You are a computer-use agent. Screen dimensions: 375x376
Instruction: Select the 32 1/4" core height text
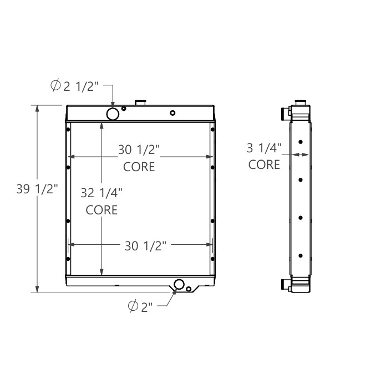[x=101, y=193]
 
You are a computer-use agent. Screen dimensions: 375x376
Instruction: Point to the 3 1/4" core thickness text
[x=264, y=147]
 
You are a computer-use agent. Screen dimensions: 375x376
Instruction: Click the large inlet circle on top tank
[x=113, y=114]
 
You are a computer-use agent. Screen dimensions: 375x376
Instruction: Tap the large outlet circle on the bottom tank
[x=179, y=285]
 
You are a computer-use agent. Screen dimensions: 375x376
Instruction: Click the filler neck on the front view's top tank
[x=141, y=102]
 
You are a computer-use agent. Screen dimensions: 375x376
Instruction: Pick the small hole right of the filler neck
[x=172, y=113]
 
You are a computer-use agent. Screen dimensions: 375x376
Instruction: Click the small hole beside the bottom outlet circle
[x=189, y=289]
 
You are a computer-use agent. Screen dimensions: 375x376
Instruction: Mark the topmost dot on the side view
[x=300, y=142]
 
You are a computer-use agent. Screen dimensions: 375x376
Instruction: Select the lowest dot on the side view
[x=300, y=255]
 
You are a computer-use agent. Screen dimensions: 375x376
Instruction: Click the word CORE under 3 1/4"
[x=264, y=165]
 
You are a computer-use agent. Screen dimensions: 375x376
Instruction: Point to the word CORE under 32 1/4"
[x=101, y=210]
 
